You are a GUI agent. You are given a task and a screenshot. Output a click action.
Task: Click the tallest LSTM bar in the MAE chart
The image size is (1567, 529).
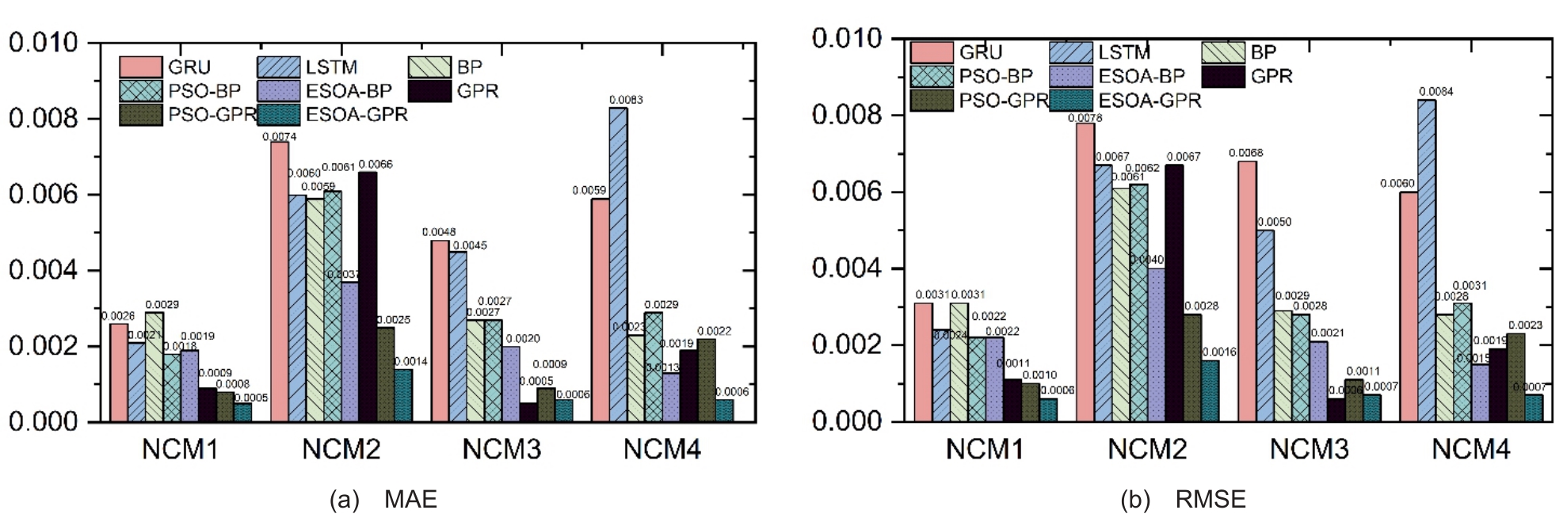(x=618, y=264)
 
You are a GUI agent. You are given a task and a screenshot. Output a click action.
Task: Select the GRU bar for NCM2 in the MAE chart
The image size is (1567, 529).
(x=280, y=281)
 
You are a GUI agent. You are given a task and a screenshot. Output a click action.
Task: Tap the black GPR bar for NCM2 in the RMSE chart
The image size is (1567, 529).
(x=1174, y=293)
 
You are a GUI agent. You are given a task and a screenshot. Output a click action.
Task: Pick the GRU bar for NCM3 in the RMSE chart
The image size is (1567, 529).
(x=1247, y=291)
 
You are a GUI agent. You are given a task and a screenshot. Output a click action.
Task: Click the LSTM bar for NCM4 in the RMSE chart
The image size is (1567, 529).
(x=1426, y=261)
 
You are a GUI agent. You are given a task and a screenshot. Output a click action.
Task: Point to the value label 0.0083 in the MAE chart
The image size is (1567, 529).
(x=626, y=100)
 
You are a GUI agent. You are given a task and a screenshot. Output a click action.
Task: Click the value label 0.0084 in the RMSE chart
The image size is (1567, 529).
(x=1435, y=92)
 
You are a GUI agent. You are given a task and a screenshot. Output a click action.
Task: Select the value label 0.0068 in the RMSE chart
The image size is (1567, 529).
(x=1246, y=153)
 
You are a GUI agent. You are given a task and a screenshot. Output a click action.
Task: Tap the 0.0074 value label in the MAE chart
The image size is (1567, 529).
(x=280, y=137)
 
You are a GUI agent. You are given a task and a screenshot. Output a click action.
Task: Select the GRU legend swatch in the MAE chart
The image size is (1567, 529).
(x=141, y=67)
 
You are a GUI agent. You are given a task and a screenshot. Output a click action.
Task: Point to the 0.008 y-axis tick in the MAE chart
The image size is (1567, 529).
(x=44, y=119)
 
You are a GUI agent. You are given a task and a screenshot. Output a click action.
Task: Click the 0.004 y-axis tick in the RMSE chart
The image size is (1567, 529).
(x=846, y=268)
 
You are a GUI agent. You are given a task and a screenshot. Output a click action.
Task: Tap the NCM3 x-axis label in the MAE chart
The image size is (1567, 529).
(x=501, y=450)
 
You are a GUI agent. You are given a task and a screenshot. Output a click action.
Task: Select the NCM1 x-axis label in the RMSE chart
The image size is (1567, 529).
(x=985, y=450)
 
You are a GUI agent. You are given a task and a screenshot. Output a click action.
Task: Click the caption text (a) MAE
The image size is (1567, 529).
(x=383, y=500)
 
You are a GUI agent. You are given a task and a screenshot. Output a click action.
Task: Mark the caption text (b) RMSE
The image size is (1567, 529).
(x=1183, y=500)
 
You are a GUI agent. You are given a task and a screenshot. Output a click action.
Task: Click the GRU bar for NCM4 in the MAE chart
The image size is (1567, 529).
(x=600, y=310)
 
